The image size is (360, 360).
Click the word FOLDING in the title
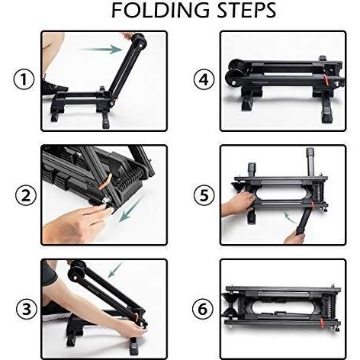[x=160, y=10]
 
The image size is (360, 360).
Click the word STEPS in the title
[x=246, y=10]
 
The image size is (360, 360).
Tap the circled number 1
[x=24, y=79]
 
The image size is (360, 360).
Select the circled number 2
[x=25, y=196]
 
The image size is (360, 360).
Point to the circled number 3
[x=27, y=309]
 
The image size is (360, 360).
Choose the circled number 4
[x=204, y=79]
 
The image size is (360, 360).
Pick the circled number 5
[x=204, y=195]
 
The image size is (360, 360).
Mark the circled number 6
[x=203, y=310]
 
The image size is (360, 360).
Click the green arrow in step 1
[x=101, y=49]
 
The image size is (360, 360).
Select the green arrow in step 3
[x=115, y=270]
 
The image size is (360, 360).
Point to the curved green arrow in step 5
[x=290, y=217]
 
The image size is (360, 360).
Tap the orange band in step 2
[x=106, y=182]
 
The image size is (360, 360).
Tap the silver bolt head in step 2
[x=105, y=201]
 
